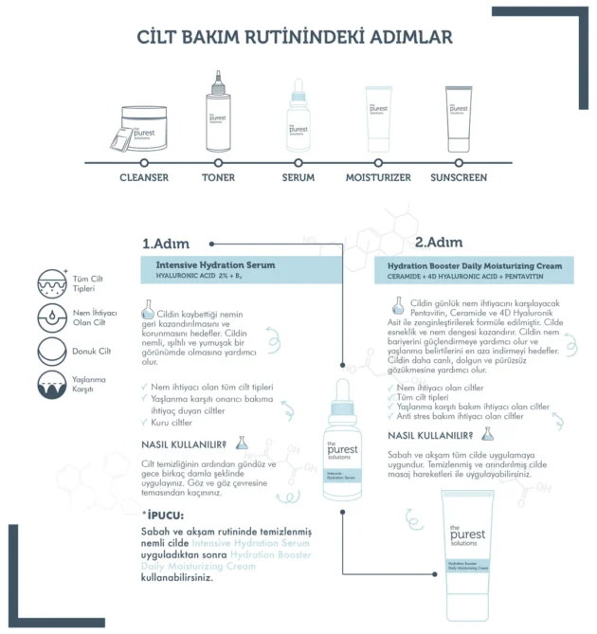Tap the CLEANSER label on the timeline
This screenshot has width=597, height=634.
click(x=144, y=177)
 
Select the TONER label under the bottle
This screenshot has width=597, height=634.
click(x=218, y=177)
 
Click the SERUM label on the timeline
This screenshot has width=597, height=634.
click(x=298, y=177)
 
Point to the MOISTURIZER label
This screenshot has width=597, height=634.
click(x=378, y=177)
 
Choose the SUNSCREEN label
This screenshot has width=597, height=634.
click(x=459, y=177)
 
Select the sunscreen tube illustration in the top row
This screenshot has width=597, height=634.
click(x=459, y=120)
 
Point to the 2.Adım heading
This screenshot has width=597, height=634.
click(x=439, y=242)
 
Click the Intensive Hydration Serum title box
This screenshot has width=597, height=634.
click(x=240, y=270)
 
